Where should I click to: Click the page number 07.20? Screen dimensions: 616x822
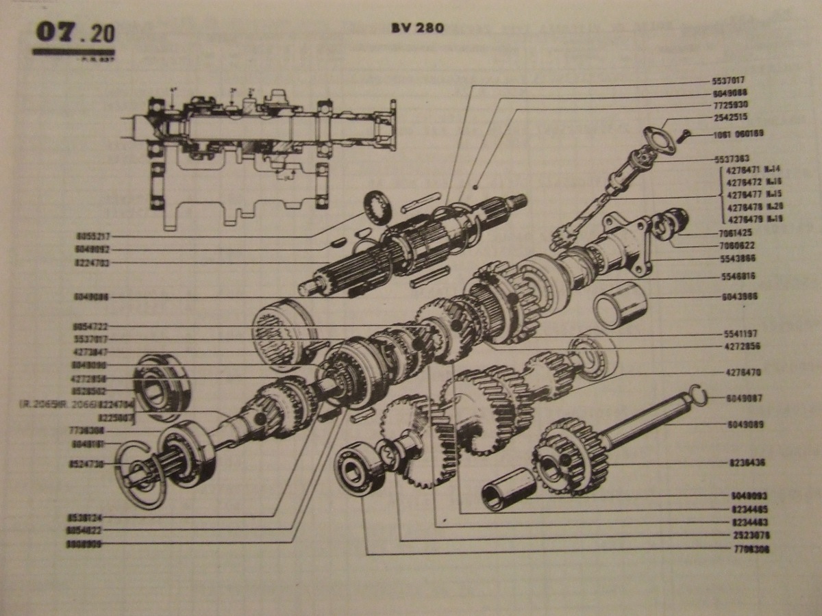(74, 33)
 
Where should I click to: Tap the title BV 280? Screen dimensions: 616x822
(417, 28)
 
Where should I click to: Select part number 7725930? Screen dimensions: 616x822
(730, 106)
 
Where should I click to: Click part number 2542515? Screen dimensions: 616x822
(730, 118)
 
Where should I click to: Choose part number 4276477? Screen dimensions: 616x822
(743, 193)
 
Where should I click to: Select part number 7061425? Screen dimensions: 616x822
(737, 233)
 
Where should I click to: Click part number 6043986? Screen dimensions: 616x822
(740, 298)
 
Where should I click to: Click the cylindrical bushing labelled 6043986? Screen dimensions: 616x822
(620, 303)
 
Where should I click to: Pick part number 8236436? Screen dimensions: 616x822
(746, 463)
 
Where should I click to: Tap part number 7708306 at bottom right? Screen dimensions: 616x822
(750, 550)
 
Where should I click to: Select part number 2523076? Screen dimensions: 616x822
(750, 535)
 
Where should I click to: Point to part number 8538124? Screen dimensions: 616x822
(87, 517)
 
